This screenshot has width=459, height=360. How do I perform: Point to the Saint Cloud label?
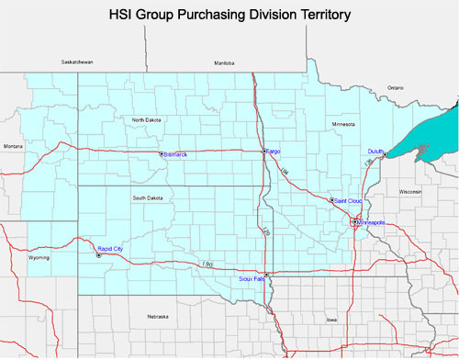pyautogui.click(x=350, y=199)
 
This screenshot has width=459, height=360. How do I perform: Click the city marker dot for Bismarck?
pyautogui.click(x=161, y=154)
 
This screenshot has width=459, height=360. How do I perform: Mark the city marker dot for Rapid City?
pyautogui.click(x=98, y=254)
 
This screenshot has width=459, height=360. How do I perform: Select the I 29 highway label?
pyautogui.click(x=265, y=233)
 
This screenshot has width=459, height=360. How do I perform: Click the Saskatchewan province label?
pyautogui.click(x=78, y=62)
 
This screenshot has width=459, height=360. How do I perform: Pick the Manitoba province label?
pyautogui.click(x=225, y=62)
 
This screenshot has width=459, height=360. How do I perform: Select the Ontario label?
pyautogui.click(x=395, y=87)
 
